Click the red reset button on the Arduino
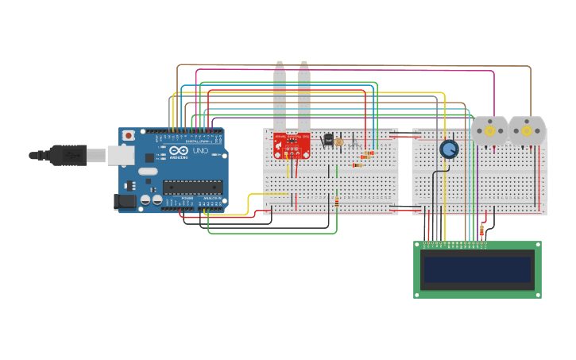click(127, 137)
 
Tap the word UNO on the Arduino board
click(200, 150)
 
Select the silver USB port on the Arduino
click(119, 154)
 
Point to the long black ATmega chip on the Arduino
click(191, 187)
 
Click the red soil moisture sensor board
click(292, 145)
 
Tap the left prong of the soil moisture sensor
click(280, 95)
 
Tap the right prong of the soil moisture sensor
click(303, 95)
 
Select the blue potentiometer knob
click(449, 149)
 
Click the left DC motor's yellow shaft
click(490, 130)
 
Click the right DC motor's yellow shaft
click(527, 130)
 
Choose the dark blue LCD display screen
click(477, 269)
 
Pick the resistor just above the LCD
click(481, 230)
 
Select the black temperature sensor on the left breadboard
click(328, 139)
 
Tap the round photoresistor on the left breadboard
click(338, 141)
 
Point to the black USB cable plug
click(68, 154)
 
